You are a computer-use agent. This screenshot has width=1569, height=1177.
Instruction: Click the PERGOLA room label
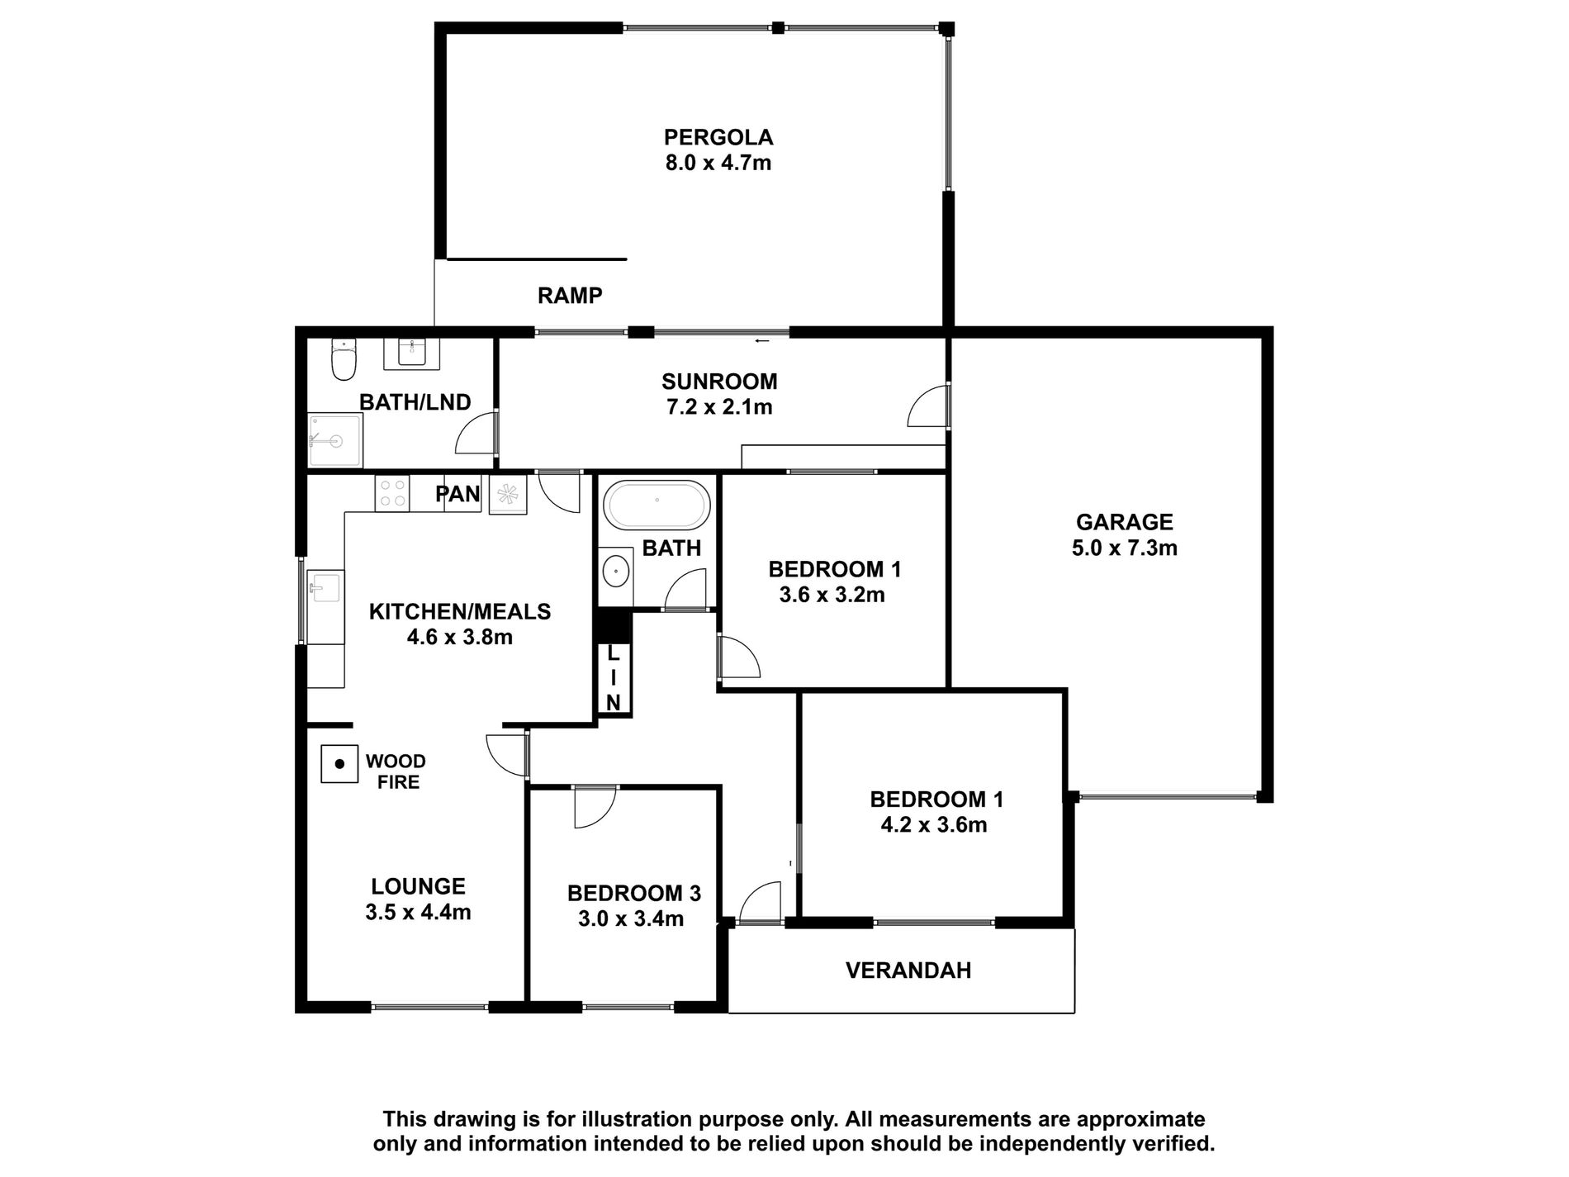[x=718, y=137]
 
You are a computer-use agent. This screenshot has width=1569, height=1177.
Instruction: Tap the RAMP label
[x=570, y=296]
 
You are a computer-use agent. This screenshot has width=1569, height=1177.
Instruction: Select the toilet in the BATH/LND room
[x=343, y=361]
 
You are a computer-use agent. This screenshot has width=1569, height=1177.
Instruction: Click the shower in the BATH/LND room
[x=334, y=442]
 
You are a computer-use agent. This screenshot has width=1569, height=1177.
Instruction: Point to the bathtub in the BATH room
[x=657, y=505]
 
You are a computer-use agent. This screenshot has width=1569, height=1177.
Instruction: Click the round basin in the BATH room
[x=614, y=571]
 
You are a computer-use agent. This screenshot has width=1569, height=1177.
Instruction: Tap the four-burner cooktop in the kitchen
[x=391, y=494]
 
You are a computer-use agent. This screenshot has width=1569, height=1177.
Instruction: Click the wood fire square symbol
[x=339, y=764]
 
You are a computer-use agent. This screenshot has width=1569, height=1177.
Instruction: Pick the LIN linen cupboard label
[x=613, y=678]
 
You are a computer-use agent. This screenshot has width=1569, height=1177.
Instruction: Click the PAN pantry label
[x=457, y=494]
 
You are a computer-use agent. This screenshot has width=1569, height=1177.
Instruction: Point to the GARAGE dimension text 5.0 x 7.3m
[x=1124, y=548]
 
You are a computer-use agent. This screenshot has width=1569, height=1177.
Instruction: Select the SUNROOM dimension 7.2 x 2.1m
[x=719, y=406]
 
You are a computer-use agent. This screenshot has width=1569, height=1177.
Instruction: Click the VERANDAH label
[x=908, y=971]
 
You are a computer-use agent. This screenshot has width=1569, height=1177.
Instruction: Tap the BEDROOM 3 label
[x=633, y=893]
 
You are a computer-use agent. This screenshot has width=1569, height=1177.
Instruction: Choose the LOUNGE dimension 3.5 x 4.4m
[x=418, y=913]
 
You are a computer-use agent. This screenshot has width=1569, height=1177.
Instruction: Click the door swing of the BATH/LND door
[x=475, y=434]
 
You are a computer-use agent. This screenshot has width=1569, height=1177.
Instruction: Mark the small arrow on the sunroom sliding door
[x=761, y=339]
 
